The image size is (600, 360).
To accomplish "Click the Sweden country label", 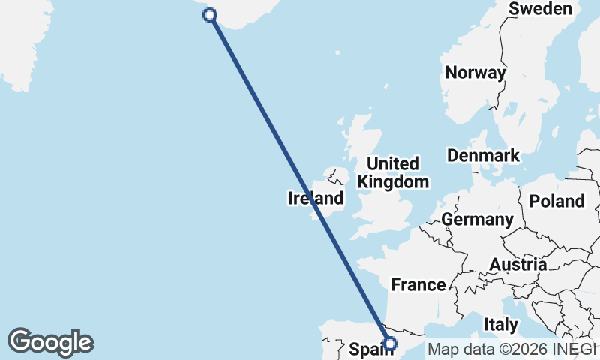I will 540,9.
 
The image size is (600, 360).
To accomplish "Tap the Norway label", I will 475,73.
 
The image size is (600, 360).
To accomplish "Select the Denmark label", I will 483,156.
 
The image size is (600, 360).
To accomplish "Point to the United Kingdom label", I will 393,172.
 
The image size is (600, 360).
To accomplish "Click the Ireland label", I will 316,199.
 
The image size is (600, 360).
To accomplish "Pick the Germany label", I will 476,220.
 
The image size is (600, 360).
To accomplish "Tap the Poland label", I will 556,201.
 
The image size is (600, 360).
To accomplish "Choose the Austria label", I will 517,265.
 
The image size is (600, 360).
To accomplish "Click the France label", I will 418,285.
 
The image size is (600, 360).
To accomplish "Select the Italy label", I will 501,325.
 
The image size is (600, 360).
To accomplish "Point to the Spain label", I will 369,349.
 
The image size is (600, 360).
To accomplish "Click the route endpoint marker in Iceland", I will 211,15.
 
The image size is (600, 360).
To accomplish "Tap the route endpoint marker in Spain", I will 389,343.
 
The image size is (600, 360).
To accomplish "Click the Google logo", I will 51,342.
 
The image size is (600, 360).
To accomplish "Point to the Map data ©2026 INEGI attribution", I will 511,349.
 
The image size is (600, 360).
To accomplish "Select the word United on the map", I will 393,163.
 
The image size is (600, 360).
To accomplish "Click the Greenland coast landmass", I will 19,45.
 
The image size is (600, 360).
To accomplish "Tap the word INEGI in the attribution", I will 574,349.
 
